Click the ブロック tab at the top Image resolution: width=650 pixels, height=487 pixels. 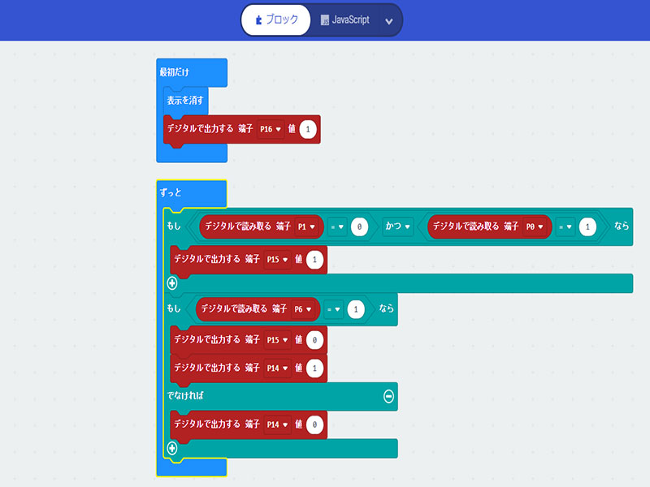click(x=275, y=20)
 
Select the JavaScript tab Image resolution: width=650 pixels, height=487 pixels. click(x=345, y=20)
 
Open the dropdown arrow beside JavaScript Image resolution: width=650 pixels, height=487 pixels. click(x=389, y=21)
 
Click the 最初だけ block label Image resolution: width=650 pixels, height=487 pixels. click(x=174, y=72)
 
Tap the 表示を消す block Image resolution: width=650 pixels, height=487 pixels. click(x=186, y=101)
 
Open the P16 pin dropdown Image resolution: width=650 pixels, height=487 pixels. click(x=271, y=129)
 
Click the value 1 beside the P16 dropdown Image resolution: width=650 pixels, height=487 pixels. click(x=309, y=129)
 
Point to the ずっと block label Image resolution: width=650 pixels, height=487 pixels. click(x=171, y=193)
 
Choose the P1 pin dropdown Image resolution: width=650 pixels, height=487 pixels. click(x=310, y=226)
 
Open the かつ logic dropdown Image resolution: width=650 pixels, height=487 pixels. click(x=398, y=226)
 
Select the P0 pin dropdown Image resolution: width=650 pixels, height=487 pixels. click(x=538, y=226)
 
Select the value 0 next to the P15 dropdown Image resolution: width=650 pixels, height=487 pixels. click(x=316, y=340)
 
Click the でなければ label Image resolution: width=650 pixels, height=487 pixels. click(x=185, y=396)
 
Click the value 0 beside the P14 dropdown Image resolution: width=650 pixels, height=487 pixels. click(x=316, y=424)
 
